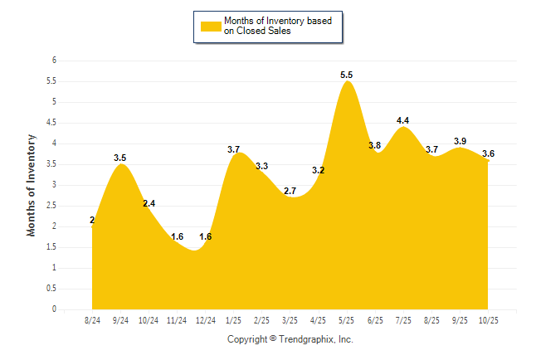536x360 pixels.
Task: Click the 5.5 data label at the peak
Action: (x=347, y=75)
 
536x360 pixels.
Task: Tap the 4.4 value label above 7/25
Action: (x=403, y=120)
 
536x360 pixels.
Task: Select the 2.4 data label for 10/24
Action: (x=149, y=203)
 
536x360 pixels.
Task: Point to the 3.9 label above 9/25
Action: (x=460, y=141)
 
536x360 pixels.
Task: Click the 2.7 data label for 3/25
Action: (x=290, y=191)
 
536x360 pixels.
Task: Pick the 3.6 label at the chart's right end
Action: (x=488, y=153)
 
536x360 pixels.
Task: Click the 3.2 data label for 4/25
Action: (x=319, y=170)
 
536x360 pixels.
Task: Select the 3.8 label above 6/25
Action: (x=375, y=145)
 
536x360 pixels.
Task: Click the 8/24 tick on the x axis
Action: (x=93, y=321)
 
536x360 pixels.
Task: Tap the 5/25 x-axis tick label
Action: (x=347, y=321)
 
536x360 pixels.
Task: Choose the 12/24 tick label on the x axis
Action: (x=206, y=321)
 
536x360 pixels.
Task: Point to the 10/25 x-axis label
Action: (x=488, y=321)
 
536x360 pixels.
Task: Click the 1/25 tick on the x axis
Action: (x=234, y=321)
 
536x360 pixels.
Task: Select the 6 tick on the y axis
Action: (x=54, y=61)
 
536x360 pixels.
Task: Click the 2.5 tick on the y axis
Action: (x=51, y=206)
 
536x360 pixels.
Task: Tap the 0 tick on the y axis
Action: (x=54, y=309)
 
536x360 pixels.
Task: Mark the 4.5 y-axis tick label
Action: (x=51, y=123)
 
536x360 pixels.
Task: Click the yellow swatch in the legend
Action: (x=210, y=26)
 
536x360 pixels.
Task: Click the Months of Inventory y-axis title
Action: (x=32, y=185)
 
